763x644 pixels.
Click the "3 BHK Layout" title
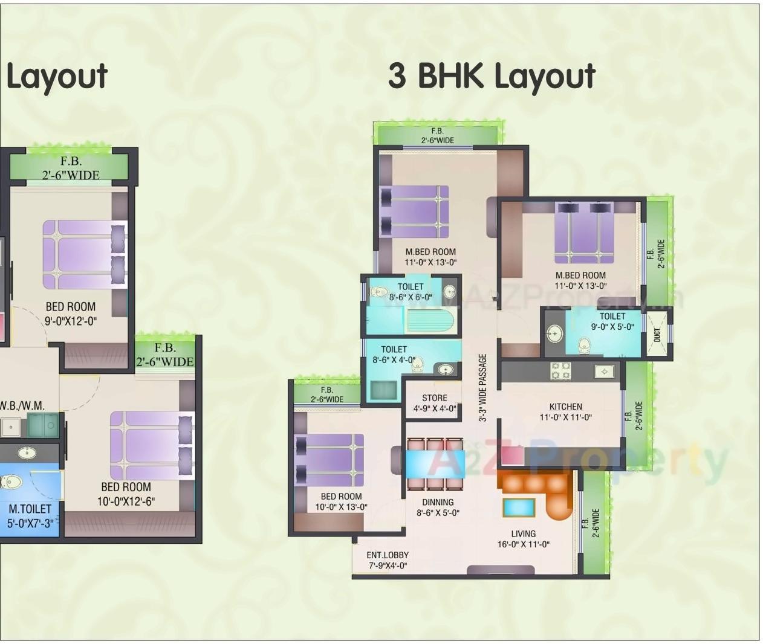coord(492,77)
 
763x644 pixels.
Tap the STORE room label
coord(434,398)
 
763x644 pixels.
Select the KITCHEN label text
coord(565,407)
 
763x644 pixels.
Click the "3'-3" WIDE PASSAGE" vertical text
coord(482,387)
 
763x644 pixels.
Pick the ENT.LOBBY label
coord(388,555)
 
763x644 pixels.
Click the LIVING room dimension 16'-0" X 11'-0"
coord(523,544)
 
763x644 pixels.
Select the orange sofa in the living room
coord(538,486)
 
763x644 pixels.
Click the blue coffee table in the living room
coord(519,507)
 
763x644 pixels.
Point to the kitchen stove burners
coord(560,370)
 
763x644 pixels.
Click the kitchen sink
coord(604,371)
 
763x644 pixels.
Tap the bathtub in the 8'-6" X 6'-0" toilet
coord(430,321)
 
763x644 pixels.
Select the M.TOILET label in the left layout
coord(30,509)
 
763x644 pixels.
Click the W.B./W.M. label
coord(22,405)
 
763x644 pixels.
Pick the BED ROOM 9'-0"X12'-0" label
coord(70,307)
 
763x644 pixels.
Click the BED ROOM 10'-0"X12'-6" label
coord(126,488)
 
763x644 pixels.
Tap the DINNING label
coord(438,503)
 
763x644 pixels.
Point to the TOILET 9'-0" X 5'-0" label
coord(612,316)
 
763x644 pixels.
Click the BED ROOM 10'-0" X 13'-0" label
coord(341,497)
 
